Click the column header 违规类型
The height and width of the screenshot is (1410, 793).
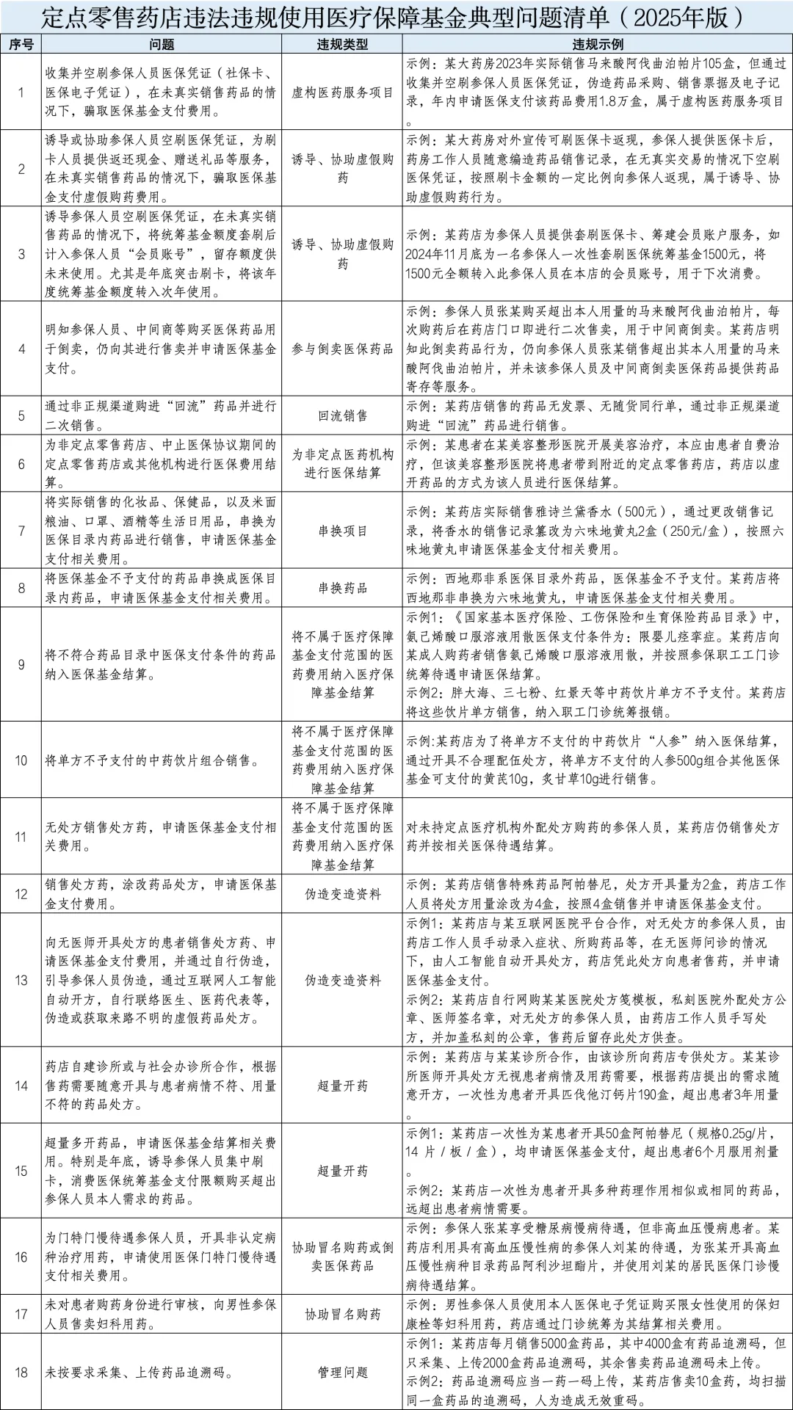pos(342,45)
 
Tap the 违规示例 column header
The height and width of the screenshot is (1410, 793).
pos(598,45)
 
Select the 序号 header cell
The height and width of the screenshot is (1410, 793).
pos(21,45)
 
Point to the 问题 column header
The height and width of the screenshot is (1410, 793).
pos(162,45)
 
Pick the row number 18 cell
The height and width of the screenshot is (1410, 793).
pos(21,1372)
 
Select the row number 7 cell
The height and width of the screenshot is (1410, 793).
pos(21,531)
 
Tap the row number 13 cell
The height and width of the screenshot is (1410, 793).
pos(21,980)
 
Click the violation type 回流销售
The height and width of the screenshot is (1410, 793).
pos(342,416)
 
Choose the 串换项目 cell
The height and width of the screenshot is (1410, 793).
pos(342,531)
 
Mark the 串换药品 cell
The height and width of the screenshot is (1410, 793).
pos(342,588)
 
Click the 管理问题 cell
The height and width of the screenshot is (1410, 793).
pos(342,1372)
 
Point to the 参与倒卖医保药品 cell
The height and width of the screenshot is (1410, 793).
pos(342,349)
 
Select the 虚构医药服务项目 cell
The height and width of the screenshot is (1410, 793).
pos(342,92)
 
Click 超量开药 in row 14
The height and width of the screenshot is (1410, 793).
pos(342,1086)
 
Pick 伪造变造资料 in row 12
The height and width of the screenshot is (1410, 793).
pos(342,894)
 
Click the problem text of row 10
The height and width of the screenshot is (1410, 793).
pos(152,760)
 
